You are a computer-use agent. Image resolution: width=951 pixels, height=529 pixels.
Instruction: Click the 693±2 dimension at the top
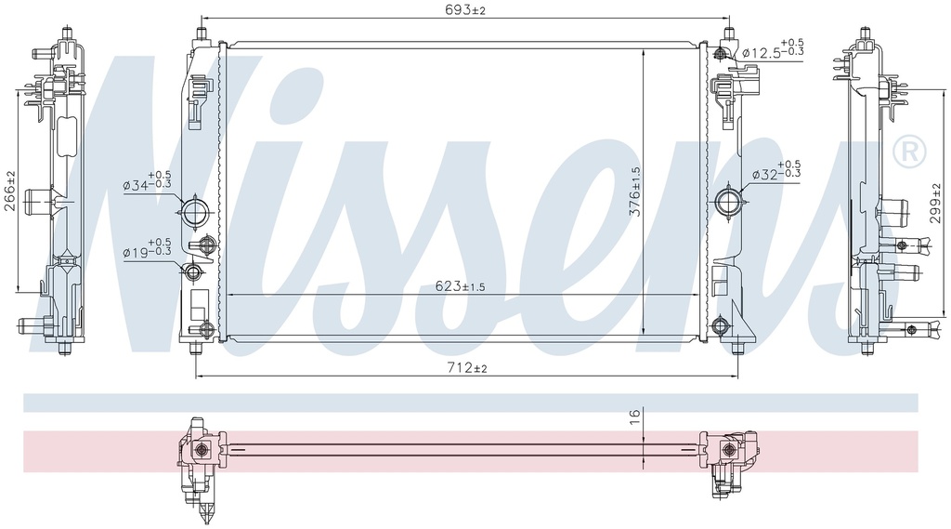[466, 9]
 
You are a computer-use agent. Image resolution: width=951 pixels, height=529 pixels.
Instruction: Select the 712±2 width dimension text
[467, 368]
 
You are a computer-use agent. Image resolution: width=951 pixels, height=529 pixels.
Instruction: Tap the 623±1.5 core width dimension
[461, 286]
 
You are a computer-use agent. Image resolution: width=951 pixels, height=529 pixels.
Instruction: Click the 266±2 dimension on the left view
[10, 191]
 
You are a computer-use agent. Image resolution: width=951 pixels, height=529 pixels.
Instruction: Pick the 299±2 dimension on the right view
[935, 204]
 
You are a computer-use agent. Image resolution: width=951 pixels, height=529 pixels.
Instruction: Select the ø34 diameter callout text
[147, 180]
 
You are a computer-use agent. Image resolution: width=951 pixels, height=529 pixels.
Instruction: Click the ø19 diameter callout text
[147, 247]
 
